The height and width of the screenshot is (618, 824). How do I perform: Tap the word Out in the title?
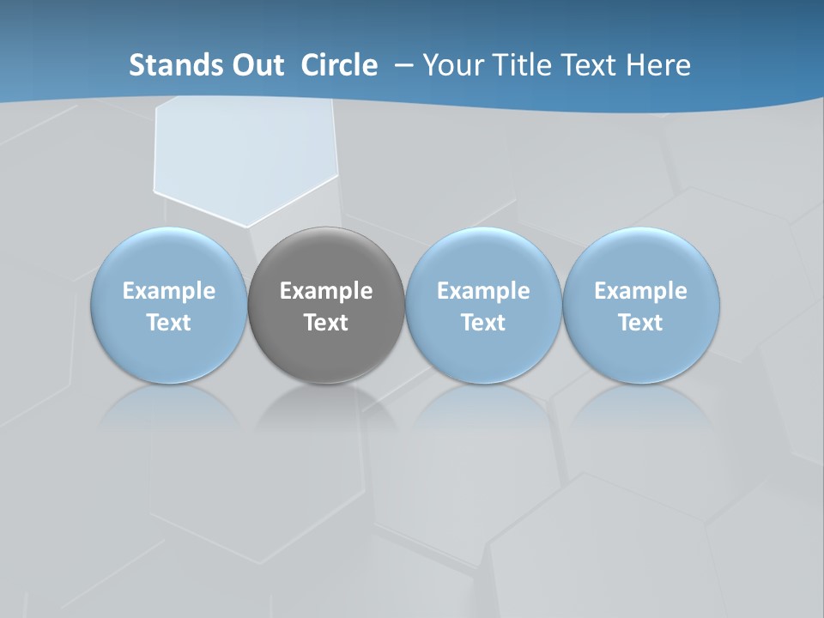pyautogui.click(x=257, y=65)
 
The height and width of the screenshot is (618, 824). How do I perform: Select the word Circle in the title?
pyautogui.click(x=339, y=65)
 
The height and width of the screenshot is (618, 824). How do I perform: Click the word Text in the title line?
pyautogui.click(x=591, y=65)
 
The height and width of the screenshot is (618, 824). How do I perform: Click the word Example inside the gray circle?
pyautogui.click(x=326, y=291)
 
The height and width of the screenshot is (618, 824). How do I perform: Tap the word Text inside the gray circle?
pyautogui.click(x=326, y=323)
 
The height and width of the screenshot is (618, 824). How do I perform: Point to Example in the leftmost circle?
pyautogui.click(x=168, y=291)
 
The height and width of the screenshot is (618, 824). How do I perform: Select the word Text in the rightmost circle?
pyautogui.click(x=641, y=323)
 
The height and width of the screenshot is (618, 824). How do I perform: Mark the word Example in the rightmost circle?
pyautogui.click(x=641, y=291)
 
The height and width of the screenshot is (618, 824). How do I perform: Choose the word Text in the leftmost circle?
pyautogui.click(x=168, y=323)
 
